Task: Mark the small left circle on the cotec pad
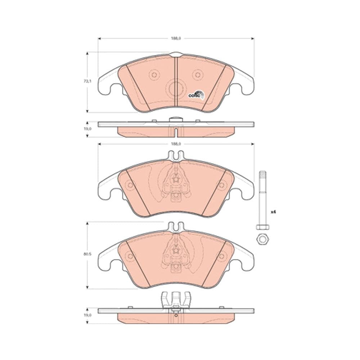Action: [154, 75]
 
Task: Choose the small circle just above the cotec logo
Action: [197, 75]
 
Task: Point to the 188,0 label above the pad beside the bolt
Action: [176, 144]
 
